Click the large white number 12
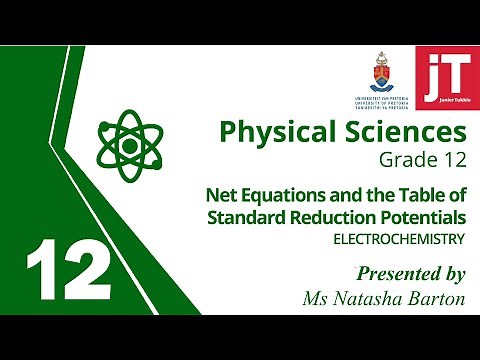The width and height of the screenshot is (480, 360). [x=67, y=268]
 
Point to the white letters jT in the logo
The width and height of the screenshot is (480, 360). [x=442, y=72]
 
